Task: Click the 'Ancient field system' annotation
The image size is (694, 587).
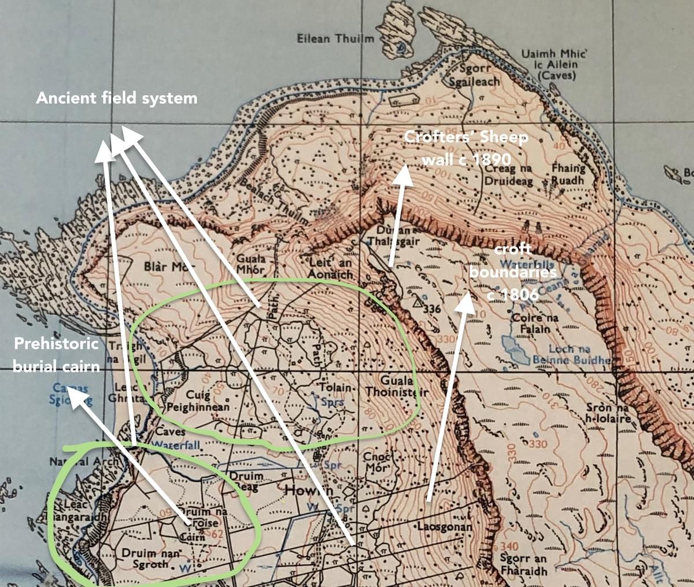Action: tap(116, 98)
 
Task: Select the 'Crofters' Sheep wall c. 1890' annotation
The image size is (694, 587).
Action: tap(466, 148)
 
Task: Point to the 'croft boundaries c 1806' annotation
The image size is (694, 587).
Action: tap(512, 272)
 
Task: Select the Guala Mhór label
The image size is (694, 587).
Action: tap(251, 265)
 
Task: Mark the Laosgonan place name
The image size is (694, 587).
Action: tap(444, 527)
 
